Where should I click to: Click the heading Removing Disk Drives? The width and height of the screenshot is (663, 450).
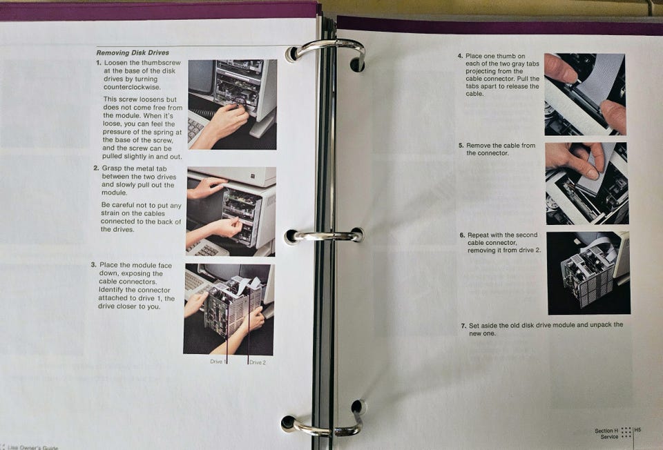tap(133, 53)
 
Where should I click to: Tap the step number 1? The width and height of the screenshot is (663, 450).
tap(99, 63)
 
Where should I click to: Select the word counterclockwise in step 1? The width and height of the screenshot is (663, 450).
tap(132, 87)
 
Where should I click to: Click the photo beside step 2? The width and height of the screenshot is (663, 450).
tap(231, 211)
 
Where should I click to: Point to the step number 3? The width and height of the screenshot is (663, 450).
tap(93, 265)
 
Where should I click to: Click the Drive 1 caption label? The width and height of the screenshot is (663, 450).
tap(218, 362)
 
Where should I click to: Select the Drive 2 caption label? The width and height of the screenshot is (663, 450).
tap(258, 362)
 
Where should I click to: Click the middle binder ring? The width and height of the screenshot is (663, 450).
tap(325, 236)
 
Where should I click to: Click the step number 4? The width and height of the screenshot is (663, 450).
tap(461, 56)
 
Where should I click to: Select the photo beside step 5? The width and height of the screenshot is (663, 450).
tap(587, 183)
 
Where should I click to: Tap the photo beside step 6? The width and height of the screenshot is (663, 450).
tap(588, 273)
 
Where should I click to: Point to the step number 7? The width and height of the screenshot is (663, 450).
tap(464, 325)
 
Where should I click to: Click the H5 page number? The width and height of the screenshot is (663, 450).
tap(637, 430)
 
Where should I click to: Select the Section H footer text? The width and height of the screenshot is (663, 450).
tap(606, 431)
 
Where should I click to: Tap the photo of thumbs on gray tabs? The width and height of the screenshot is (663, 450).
tap(585, 95)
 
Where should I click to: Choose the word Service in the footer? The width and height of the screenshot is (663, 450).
tap(609, 436)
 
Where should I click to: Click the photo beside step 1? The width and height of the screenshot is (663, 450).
tap(233, 104)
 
